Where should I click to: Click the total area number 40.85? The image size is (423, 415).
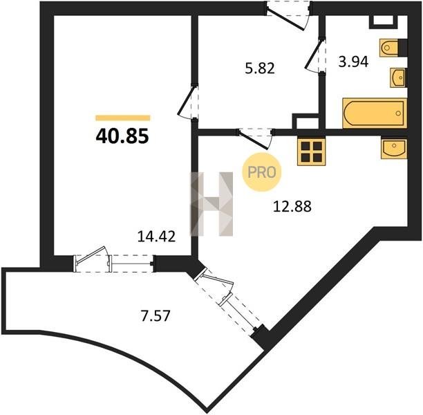tap(122, 136)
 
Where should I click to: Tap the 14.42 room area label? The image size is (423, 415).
tap(156, 237)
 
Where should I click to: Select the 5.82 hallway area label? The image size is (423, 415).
tap(260, 68)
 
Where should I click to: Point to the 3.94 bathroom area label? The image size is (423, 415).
tap(353, 62)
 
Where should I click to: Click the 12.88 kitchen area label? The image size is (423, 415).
tap(292, 207)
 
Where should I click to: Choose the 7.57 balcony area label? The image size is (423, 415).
tap(156, 315)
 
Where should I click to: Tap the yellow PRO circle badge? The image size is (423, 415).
tap(262, 172)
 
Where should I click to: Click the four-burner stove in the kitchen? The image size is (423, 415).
tap(311, 151)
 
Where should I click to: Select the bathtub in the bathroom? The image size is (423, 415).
tap(375, 113)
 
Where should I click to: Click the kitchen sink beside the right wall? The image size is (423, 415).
tap(394, 148)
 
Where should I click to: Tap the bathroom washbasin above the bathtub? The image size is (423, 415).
tap(398, 77)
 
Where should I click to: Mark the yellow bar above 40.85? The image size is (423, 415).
tap(123, 118)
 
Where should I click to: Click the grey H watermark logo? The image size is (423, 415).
tap(211, 204)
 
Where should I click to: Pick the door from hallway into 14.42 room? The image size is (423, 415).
tap(188, 102)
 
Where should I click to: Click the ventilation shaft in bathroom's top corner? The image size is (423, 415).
tap(383, 22)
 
